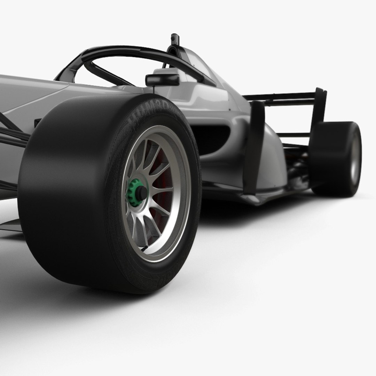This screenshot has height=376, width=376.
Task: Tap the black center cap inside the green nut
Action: click(x=141, y=193)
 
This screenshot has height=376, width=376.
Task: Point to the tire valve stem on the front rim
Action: click(x=143, y=248)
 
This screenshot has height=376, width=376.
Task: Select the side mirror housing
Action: click(x=162, y=80)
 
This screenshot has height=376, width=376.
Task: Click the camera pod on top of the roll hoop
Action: click(x=175, y=39)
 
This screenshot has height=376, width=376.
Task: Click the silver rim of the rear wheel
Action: click(x=355, y=158)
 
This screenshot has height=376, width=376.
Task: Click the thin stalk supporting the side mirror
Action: click(x=154, y=89)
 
